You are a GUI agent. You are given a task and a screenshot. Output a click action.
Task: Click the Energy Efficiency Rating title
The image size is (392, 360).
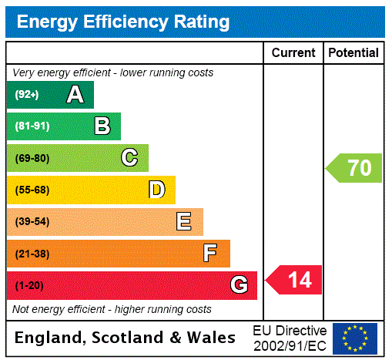[x=122, y=22]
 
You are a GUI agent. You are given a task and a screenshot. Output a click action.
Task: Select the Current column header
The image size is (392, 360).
[x=293, y=53]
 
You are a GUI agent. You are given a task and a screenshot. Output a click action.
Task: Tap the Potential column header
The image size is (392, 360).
[x=353, y=53]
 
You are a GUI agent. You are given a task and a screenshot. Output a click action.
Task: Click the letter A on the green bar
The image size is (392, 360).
[x=75, y=95]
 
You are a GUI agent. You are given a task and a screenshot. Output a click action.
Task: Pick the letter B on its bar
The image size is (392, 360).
[x=102, y=126]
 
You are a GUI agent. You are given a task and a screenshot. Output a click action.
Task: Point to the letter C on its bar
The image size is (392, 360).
[x=129, y=158]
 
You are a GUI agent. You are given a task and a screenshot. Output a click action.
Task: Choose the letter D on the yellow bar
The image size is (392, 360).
[x=156, y=190]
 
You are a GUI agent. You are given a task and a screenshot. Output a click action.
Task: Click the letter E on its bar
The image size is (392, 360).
[x=184, y=222]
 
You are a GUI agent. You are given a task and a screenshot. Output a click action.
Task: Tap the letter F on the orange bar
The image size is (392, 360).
[x=210, y=253]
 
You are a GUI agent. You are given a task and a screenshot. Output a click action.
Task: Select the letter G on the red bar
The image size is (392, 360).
[x=239, y=285]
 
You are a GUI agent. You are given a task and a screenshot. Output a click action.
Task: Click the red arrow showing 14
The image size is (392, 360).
[x=294, y=279]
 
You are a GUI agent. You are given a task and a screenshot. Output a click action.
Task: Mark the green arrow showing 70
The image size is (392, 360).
[x=354, y=167]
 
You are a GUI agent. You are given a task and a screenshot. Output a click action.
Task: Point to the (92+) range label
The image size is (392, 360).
[x=27, y=95]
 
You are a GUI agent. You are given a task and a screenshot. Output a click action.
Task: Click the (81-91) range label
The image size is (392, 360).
[x=32, y=126]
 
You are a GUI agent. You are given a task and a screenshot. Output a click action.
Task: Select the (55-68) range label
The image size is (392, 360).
[x=32, y=190]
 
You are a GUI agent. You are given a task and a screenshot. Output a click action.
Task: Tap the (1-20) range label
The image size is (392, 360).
[x=29, y=286]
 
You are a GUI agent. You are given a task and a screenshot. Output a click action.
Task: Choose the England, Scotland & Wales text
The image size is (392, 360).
[x=126, y=338]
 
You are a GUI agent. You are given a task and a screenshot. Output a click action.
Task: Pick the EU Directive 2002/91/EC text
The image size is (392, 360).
[x=290, y=338]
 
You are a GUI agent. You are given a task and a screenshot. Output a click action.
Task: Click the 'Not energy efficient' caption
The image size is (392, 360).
[x=112, y=309]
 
